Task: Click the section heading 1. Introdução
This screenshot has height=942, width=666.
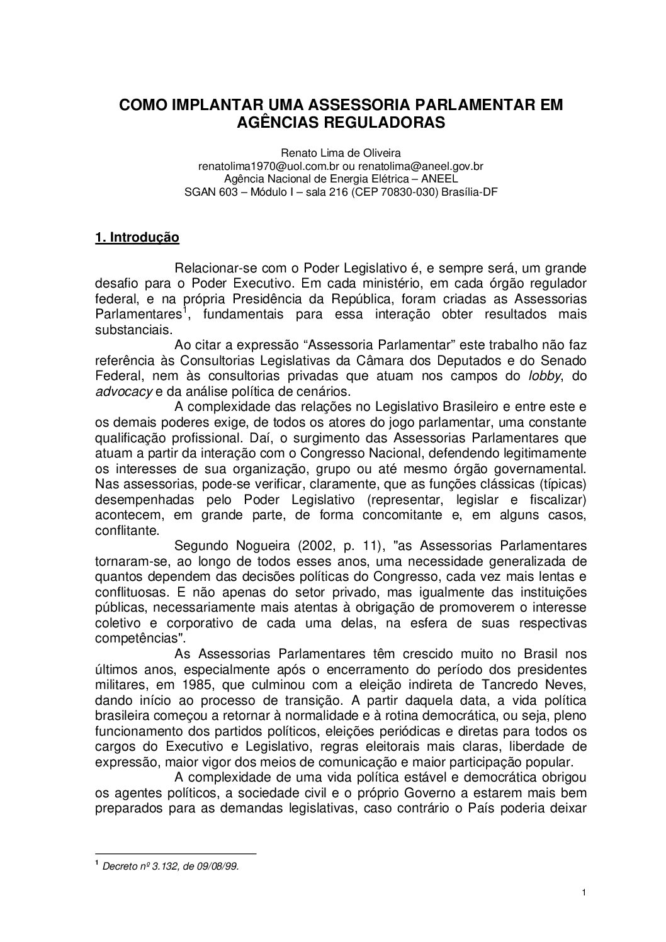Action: click(137, 238)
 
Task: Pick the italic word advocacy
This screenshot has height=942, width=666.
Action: click(123, 391)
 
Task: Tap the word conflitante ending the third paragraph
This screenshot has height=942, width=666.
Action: click(126, 530)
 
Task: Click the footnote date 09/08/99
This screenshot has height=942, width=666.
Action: click(219, 866)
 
